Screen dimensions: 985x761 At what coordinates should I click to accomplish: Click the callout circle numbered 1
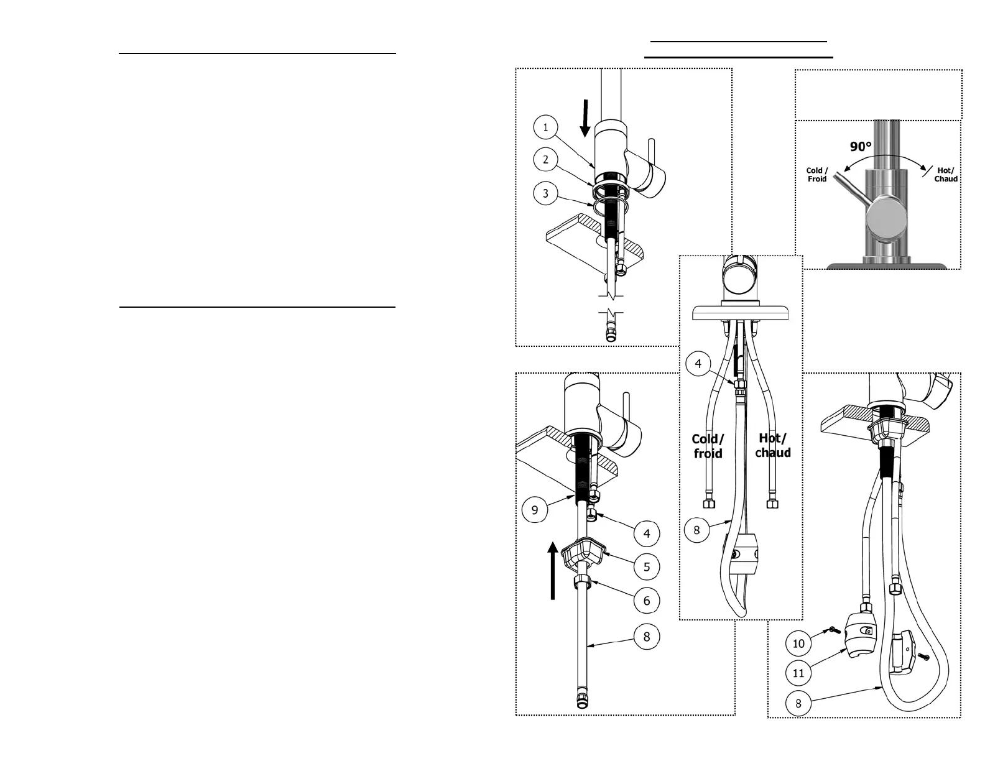pos(545,128)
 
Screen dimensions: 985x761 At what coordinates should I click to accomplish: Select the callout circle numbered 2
pos(545,160)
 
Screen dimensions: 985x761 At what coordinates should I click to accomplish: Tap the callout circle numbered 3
pos(545,193)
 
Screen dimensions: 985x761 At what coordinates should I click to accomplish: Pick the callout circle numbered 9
pos(534,510)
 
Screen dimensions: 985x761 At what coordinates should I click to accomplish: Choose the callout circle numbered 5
pos(647,567)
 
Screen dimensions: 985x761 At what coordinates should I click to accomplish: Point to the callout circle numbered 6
pos(647,601)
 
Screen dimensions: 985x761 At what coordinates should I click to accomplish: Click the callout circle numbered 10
pos(798,643)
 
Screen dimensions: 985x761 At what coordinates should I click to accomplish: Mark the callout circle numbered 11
pos(798,673)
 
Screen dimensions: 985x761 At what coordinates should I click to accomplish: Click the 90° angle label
pos(861,147)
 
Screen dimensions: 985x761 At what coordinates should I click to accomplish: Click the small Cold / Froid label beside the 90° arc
pos(817,175)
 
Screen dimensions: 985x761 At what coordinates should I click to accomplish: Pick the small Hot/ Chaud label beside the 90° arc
pos(945,175)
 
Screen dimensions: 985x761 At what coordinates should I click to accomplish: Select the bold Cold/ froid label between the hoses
pos(708,446)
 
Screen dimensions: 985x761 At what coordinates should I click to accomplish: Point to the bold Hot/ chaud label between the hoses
pos(773,446)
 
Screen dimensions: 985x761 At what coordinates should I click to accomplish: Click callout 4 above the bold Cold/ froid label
pos(698,364)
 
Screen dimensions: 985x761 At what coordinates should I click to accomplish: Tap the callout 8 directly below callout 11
pos(798,704)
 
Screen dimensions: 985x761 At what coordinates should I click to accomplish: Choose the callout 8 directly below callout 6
pos(647,637)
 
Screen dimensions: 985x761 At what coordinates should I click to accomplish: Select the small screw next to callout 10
pos(831,631)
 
